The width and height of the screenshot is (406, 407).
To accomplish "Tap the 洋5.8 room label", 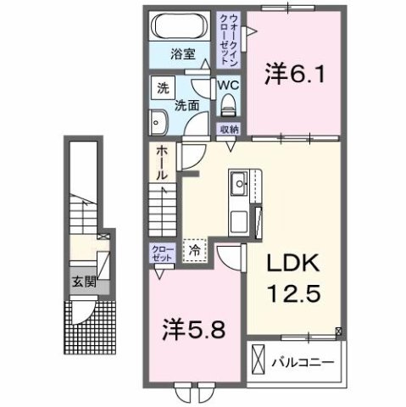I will [x=196, y=329].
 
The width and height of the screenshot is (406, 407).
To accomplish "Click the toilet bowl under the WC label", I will [x=226, y=108].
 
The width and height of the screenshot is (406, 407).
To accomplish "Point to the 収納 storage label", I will [x=229, y=130].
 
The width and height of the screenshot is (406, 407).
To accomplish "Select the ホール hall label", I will [x=160, y=161].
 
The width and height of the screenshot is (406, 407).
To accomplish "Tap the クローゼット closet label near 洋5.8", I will [x=160, y=253].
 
